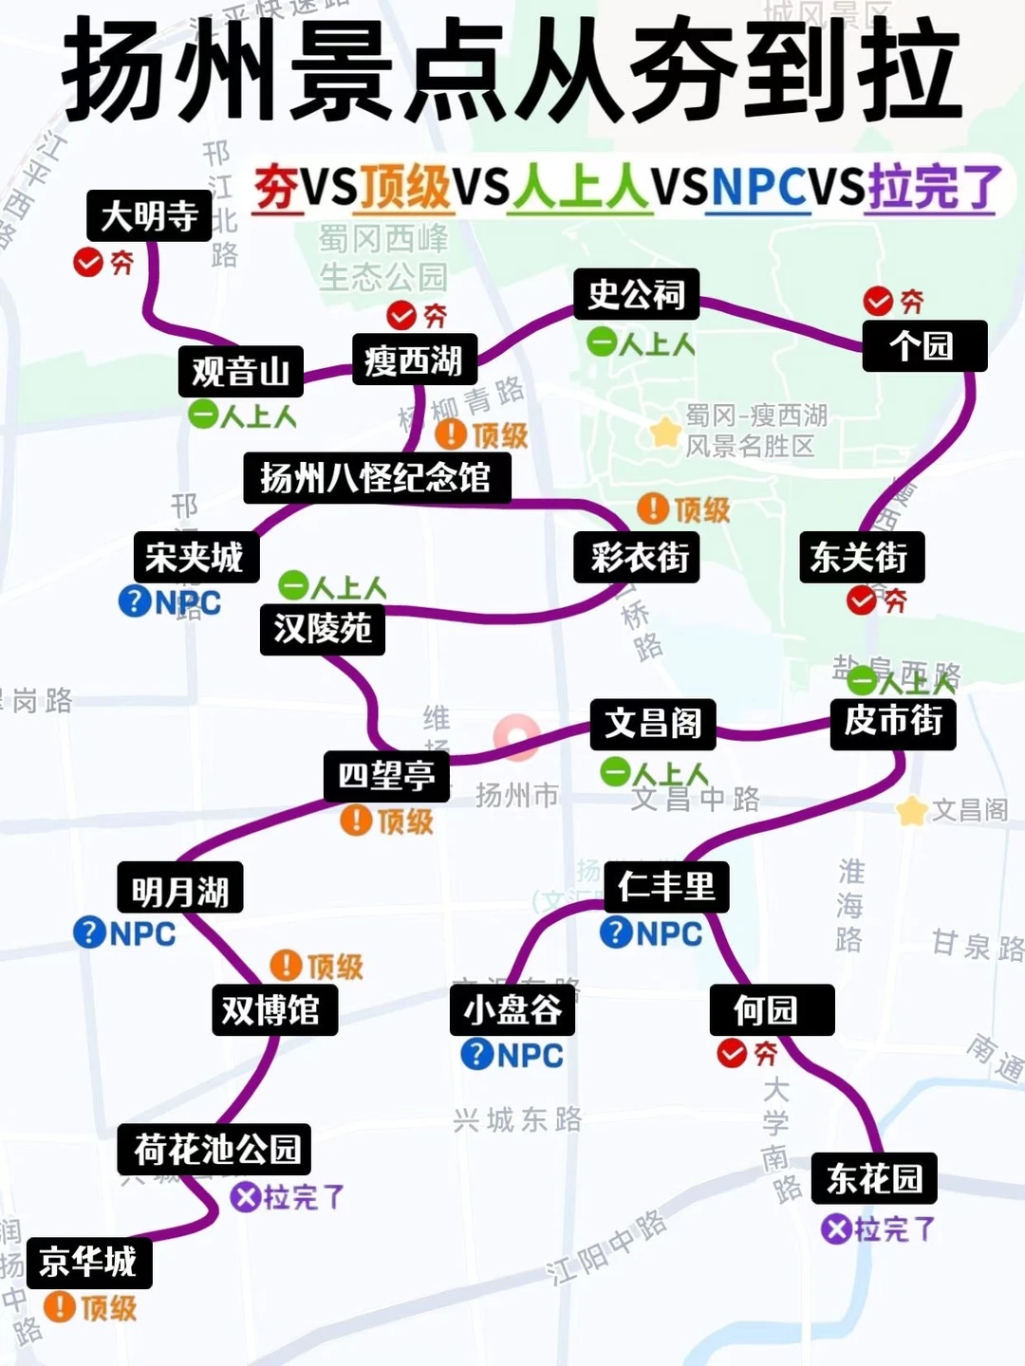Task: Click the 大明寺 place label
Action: tap(149, 216)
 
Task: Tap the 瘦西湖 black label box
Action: tap(414, 360)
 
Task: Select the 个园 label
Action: tap(923, 345)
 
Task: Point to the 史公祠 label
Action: tap(636, 294)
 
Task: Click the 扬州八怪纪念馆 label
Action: tap(376, 477)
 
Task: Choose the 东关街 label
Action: tap(860, 557)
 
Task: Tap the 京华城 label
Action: tap(88, 1262)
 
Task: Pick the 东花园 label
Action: tap(874, 1178)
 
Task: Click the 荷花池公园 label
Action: tap(215, 1150)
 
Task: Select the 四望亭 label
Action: tap(386, 776)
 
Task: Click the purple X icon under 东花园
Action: tap(836, 1229)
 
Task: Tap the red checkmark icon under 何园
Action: tap(732, 1053)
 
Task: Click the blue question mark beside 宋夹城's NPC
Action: tap(135, 600)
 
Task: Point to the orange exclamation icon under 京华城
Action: tap(60, 1307)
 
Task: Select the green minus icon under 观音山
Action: tap(204, 414)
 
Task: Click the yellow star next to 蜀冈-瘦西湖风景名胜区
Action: tap(665, 432)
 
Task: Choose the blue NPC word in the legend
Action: tap(758, 186)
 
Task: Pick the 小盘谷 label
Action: tap(512, 1010)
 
